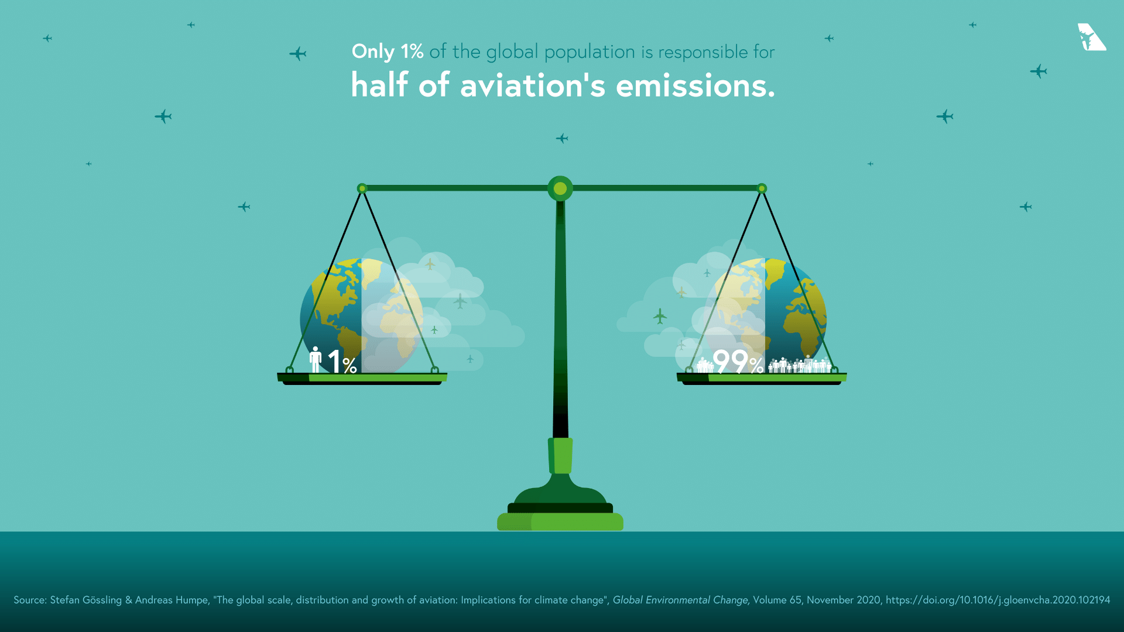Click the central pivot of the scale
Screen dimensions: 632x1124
pyautogui.click(x=560, y=188)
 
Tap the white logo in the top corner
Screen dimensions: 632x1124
pyautogui.click(x=1091, y=37)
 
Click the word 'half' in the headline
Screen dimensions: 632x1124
pyautogui.click(x=379, y=85)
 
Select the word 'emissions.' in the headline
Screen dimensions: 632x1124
pyautogui.click(x=695, y=86)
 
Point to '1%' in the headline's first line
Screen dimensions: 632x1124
pyautogui.click(x=412, y=51)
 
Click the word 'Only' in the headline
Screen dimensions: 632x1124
pyautogui.click(x=373, y=52)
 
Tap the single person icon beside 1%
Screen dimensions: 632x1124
pyautogui.click(x=316, y=359)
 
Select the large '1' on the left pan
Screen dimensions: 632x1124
pyautogui.click(x=334, y=361)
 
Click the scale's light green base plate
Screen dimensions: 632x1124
pyautogui.click(x=560, y=521)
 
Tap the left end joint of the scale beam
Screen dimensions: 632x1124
pyautogui.click(x=362, y=188)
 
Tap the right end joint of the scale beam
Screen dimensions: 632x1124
pyautogui.click(x=762, y=188)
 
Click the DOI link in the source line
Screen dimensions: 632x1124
pyautogui.click(x=998, y=600)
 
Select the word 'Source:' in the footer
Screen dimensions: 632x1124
pyautogui.click(x=30, y=600)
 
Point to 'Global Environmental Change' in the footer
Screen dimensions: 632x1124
pyautogui.click(x=680, y=600)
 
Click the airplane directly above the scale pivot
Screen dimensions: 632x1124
pyautogui.click(x=562, y=139)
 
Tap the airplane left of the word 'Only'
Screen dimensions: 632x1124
pyautogui.click(x=298, y=54)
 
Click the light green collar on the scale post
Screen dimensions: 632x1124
pyautogui.click(x=560, y=455)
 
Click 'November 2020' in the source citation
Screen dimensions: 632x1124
pyautogui.click(x=844, y=600)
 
